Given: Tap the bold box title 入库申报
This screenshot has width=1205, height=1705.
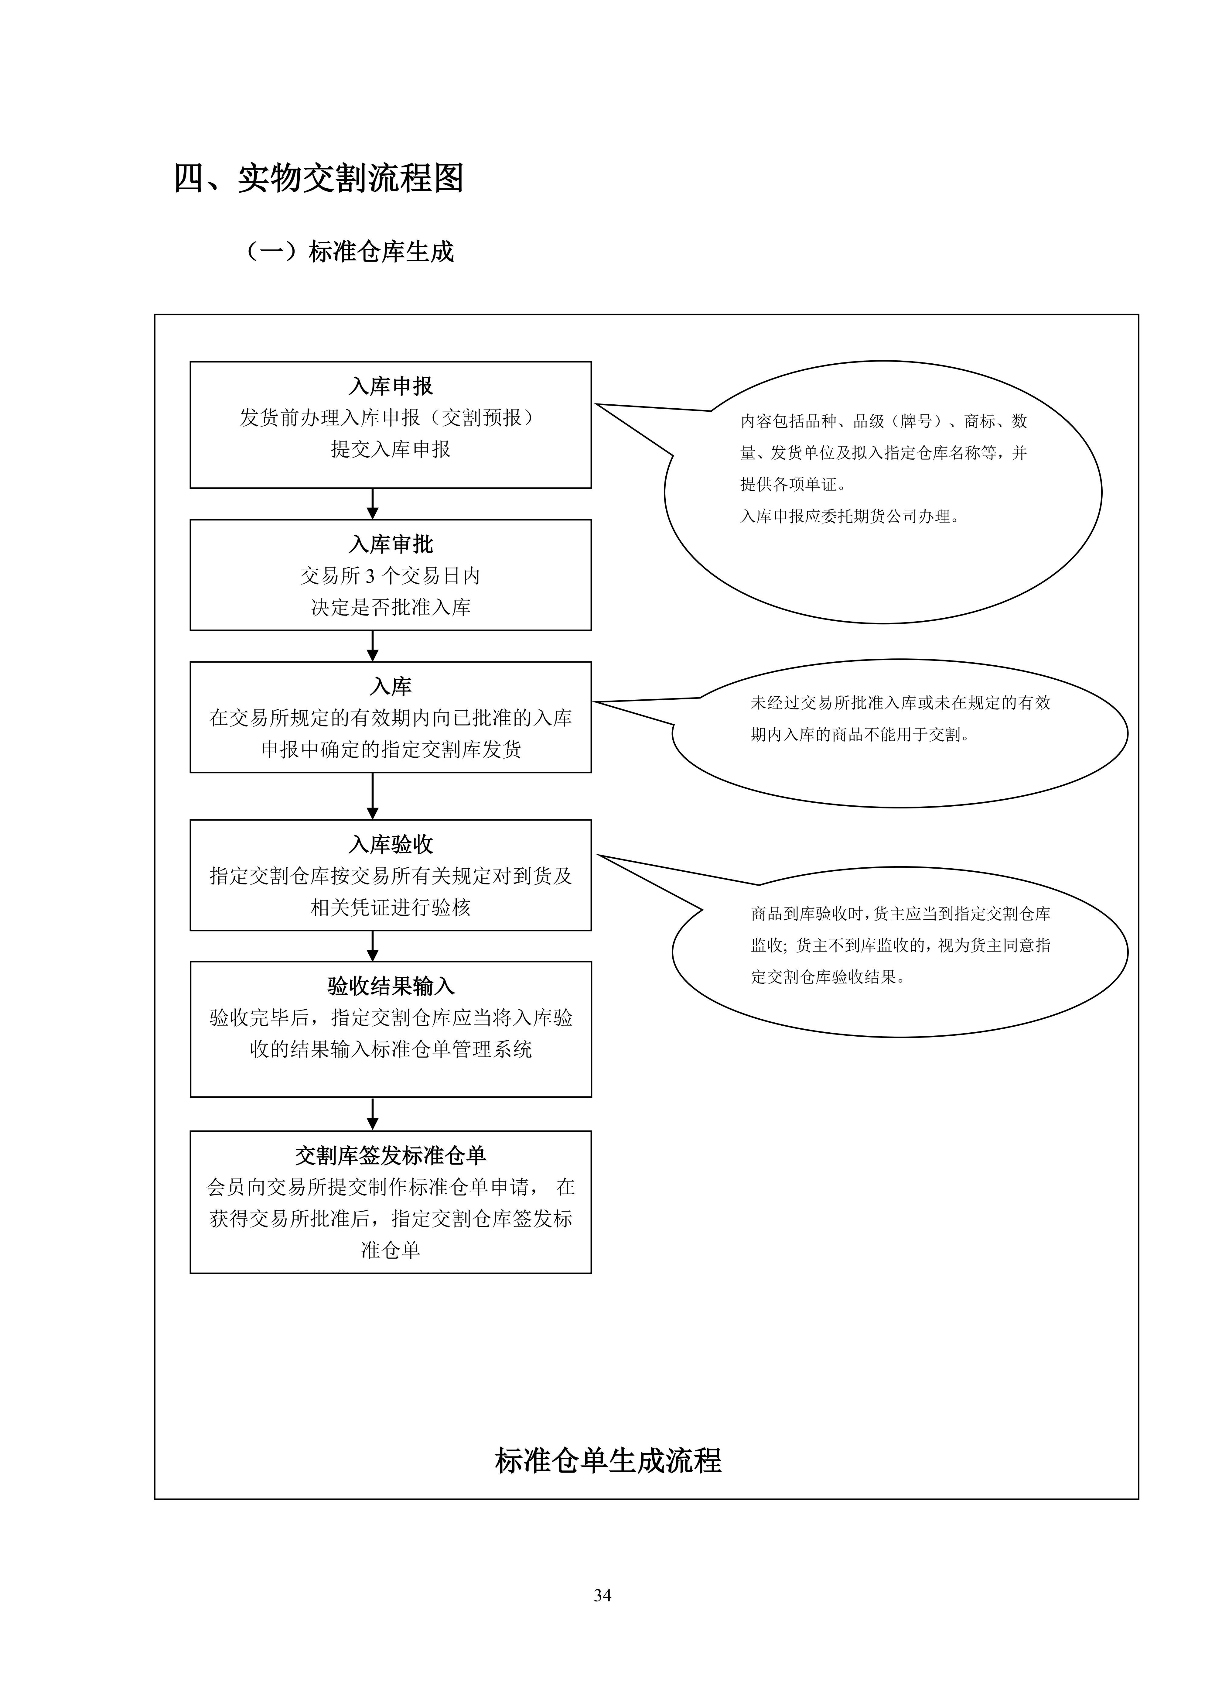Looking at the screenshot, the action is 391,386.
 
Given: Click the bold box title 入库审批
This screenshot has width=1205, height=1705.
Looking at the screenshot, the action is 391,544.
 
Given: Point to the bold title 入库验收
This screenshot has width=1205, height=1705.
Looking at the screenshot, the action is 391,844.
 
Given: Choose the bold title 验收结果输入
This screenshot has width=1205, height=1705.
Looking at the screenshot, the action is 391,986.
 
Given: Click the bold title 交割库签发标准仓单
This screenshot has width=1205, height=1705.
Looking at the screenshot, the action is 391,1155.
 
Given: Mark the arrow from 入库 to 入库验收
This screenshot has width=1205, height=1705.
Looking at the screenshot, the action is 373,796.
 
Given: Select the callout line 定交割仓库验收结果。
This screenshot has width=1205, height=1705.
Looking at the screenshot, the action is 829,977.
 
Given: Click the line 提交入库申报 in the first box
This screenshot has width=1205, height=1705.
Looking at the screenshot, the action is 391,449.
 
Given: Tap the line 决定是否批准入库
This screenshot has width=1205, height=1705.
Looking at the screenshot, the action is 391,607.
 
